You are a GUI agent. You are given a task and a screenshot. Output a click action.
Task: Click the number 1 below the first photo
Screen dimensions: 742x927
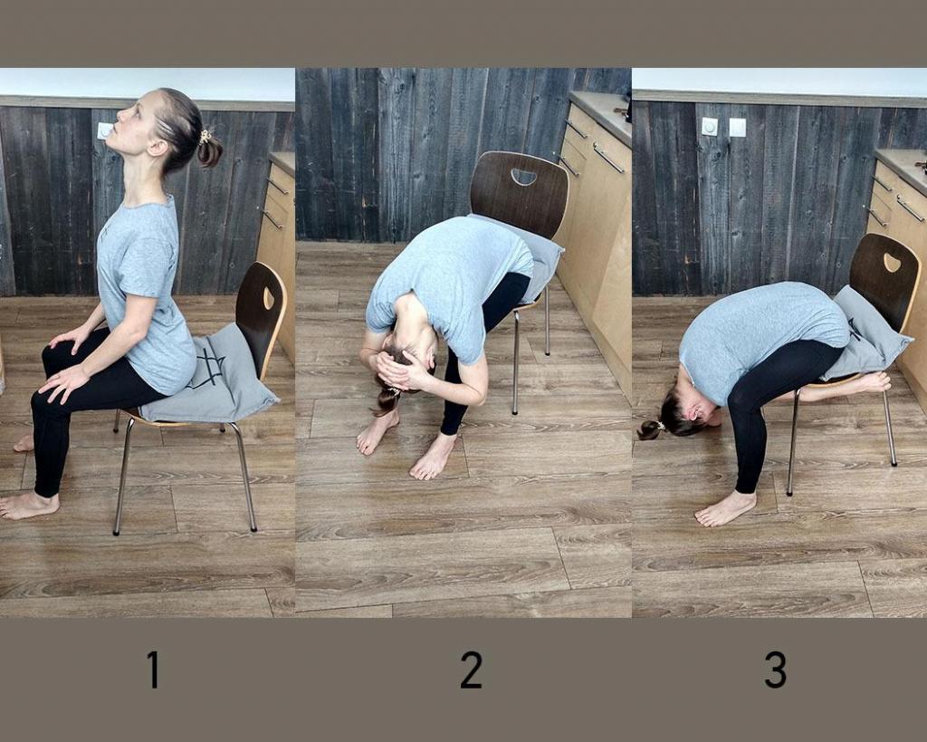click(153, 670)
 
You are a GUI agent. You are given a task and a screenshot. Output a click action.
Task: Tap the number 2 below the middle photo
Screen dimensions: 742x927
click(471, 670)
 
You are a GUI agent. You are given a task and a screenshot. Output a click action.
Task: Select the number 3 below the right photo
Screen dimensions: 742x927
click(775, 670)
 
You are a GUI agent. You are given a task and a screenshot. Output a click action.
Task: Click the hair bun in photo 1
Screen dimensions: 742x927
click(209, 150)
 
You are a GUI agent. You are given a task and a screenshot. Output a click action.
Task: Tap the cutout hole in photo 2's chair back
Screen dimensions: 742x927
click(523, 177)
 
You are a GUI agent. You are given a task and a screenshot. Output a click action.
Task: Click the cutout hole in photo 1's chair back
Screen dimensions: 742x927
click(269, 298)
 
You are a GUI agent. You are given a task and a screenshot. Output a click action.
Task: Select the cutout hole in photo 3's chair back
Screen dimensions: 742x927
click(892, 263)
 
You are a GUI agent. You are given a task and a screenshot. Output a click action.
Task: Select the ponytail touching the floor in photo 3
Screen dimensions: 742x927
click(650, 429)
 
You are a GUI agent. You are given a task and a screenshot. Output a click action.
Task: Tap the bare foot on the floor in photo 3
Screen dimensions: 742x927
click(724, 509)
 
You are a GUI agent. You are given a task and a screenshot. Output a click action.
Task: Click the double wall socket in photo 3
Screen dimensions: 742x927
click(723, 127)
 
